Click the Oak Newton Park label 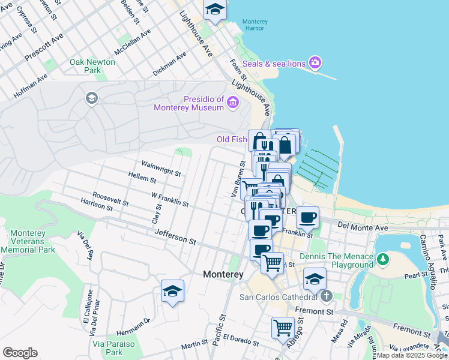[x=85, y=66]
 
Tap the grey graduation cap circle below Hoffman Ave [x=92, y=98]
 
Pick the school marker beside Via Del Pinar [x=172, y=292]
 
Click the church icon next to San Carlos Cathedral [x=326, y=296]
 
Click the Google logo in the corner [x=20, y=353]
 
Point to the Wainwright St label [x=161, y=168]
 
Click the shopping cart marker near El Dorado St [x=283, y=328]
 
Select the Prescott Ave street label [x=44, y=46]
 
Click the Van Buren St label [x=238, y=178]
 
